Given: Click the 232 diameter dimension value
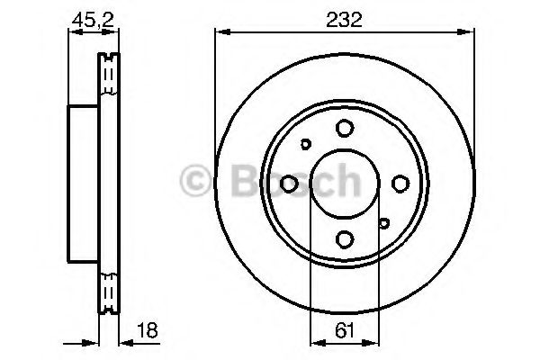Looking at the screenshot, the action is [344, 20].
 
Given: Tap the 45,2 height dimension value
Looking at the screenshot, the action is [93, 20].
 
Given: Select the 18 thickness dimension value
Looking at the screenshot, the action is [148, 330].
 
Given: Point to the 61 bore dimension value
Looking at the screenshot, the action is [345, 331].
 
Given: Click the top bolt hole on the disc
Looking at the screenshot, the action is [345, 128].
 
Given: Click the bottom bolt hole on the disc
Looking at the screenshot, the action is [345, 239].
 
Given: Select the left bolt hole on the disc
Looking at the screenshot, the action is [289, 184].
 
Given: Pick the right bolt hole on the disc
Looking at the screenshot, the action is [400, 184].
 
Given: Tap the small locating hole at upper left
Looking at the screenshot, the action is [305, 144].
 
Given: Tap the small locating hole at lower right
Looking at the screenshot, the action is [383, 223].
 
